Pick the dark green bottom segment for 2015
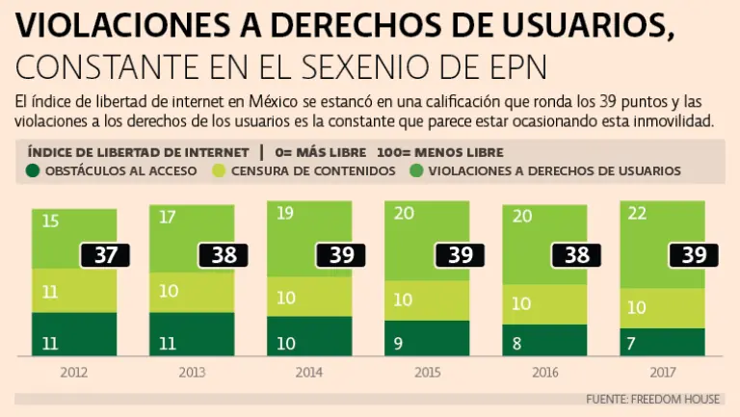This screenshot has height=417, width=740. (427, 338)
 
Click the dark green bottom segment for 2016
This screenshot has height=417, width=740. (544, 340)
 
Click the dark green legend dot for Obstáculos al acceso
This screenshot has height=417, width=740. (33, 170)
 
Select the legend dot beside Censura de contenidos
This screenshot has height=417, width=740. (219, 170)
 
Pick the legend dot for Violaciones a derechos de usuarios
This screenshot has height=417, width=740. (417, 170)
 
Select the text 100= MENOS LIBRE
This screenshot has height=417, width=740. (439, 152)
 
